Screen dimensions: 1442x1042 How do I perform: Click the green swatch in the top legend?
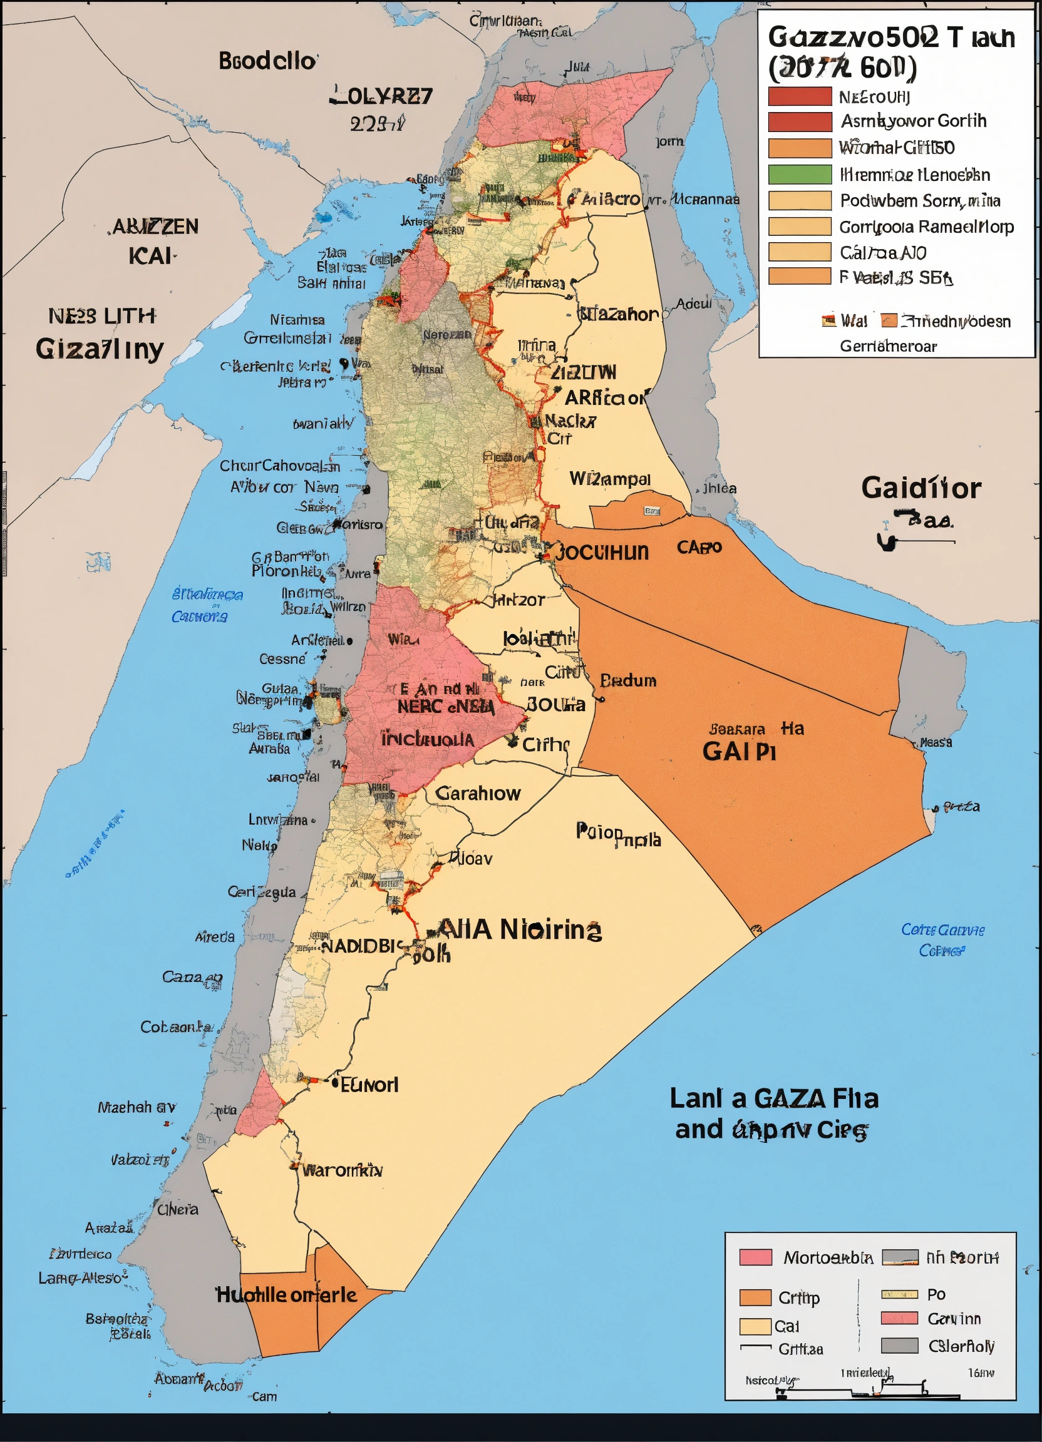click(x=800, y=174)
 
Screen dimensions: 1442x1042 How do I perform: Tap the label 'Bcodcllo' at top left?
click(x=267, y=61)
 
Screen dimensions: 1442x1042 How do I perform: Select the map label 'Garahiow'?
click(x=478, y=794)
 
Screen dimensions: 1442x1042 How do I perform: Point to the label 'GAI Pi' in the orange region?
click(x=738, y=752)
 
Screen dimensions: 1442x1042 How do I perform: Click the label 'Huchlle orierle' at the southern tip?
click(x=286, y=1294)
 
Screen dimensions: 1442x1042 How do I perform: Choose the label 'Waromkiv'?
click(x=342, y=1170)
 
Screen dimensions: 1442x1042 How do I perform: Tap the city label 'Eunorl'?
click(x=369, y=1085)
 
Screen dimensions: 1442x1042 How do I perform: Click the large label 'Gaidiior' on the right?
click(x=921, y=488)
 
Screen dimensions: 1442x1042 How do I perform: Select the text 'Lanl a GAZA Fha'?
click(x=773, y=1098)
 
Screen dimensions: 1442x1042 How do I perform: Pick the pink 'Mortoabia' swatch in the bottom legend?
click(x=755, y=1257)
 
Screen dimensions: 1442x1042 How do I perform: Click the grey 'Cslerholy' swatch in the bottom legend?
click(x=899, y=1346)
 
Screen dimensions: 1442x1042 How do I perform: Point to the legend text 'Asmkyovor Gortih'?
click(x=913, y=121)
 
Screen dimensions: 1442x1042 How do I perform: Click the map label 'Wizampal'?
click(x=609, y=479)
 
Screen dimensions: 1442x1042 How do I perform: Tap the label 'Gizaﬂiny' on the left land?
click(x=99, y=349)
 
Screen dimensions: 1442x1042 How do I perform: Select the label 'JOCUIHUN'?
click(x=602, y=552)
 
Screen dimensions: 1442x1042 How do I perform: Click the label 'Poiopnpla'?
click(x=618, y=835)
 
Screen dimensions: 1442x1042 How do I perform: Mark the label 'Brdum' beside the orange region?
click(x=628, y=681)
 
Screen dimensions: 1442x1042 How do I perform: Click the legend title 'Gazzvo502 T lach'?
click(x=890, y=38)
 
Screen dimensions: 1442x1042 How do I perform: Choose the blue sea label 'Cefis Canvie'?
click(x=942, y=929)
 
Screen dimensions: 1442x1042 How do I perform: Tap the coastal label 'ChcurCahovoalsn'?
click(x=279, y=466)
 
